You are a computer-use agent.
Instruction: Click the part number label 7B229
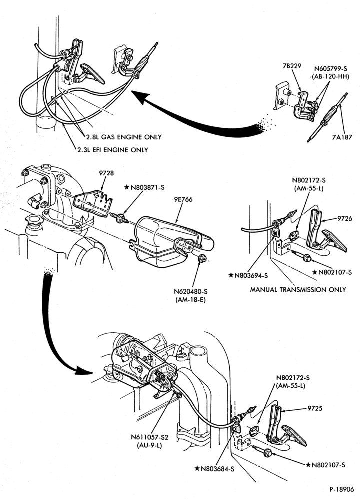coord(291,66)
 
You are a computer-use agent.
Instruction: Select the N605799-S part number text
coord(331,69)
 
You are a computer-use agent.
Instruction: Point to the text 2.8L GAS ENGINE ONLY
coord(123,137)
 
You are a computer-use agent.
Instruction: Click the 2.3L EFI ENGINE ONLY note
coord(112,150)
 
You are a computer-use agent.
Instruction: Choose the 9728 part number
coord(106,173)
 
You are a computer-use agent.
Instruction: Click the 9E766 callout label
coord(183,200)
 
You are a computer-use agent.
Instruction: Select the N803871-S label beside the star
coord(147,188)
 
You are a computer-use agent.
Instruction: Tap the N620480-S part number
coord(191,291)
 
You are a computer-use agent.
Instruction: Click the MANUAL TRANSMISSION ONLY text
coord(298,290)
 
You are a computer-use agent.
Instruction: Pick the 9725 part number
coord(315,408)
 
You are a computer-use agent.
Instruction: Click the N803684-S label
coord(218,469)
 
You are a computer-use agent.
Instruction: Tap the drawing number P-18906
coord(342,489)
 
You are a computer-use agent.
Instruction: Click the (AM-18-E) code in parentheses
coord(190,300)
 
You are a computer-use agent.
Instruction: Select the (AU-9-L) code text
coord(150,445)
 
